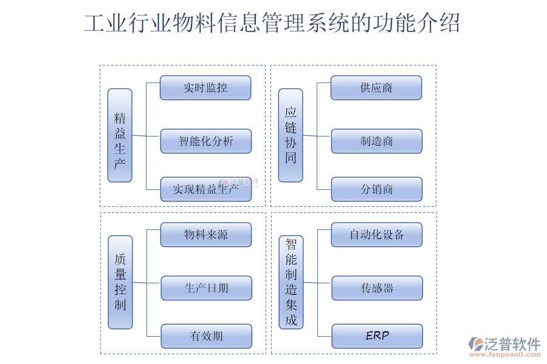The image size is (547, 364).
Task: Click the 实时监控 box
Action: (x=205, y=87)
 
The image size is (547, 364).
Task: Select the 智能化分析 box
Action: (x=206, y=141)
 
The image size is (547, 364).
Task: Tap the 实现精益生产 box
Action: (x=206, y=189)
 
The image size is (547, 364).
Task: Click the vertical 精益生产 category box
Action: (x=120, y=135)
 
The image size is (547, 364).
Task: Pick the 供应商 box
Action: (x=376, y=87)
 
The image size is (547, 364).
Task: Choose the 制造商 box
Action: (x=376, y=141)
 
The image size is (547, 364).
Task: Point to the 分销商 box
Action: (x=376, y=189)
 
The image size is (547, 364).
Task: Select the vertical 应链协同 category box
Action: (x=291, y=135)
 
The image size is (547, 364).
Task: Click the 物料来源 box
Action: (x=206, y=235)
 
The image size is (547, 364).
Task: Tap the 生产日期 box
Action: (x=206, y=288)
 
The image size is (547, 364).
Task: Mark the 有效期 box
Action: (x=206, y=336)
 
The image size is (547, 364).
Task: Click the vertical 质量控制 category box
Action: (x=120, y=282)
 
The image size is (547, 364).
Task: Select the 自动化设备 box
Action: (x=377, y=235)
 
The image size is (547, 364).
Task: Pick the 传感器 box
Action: (x=377, y=288)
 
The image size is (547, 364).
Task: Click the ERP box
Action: (x=377, y=335)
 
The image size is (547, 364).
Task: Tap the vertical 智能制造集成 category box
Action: (x=291, y=282)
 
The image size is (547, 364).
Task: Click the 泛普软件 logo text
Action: (x=512, y=344)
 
